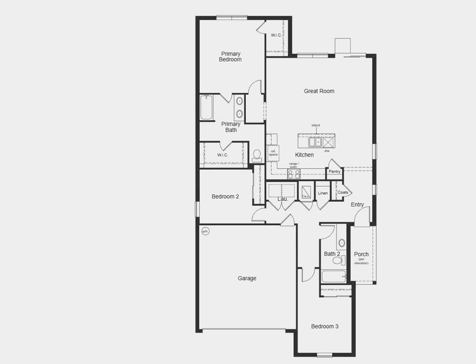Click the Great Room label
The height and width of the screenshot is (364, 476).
pos(319,91)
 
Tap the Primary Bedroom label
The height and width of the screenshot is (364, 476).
pos(231,56)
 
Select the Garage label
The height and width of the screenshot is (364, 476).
pos(246,278)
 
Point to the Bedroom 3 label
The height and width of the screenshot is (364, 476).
pos(325,326)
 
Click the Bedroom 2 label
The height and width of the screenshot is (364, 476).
pos(225,197)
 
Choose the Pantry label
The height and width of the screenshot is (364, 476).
pos(335,172)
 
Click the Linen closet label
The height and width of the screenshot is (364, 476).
pos(322,194)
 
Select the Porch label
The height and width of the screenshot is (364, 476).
pos(361,254)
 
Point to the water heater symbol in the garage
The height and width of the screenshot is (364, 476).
pos(205,231)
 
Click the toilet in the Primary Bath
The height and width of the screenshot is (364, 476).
pos(257,156)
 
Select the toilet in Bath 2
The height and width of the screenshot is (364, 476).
pos(338,260)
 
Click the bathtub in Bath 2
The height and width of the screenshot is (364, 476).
pos(333,277)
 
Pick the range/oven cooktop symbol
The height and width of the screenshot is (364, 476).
pos(294,174)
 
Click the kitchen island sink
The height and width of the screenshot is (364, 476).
pos(314,142)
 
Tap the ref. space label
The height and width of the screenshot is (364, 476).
pos(273,153)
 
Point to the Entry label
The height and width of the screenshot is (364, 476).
pos(357,204)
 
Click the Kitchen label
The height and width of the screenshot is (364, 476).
pos(304,155)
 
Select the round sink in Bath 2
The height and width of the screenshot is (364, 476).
pos(342,243)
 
